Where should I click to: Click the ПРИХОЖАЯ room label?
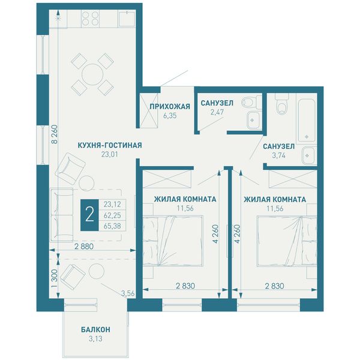pos(170,106)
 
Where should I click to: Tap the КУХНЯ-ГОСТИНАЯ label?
pos(110,145)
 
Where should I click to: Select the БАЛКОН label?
pos(95,329)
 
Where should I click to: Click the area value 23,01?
pos(110,154)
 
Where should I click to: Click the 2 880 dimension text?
pos(84,247)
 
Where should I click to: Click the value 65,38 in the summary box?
pos(112,226)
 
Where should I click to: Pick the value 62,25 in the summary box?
pos(112,215)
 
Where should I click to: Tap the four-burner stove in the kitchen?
pos(90,19)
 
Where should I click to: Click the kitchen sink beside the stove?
pos(127,19)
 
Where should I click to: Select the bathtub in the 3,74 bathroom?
pos(307,119)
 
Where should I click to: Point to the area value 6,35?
pos(170,115)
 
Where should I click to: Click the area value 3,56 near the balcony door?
pos(128,293)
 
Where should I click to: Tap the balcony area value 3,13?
pos(95,338)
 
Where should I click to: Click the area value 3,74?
pos(279,155)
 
